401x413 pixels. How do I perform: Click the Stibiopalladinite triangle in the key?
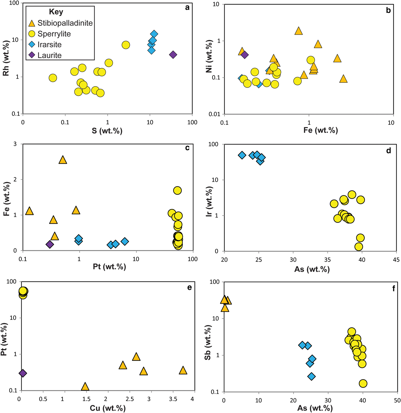coord(32,23)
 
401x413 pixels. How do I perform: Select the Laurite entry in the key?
coord(49,55)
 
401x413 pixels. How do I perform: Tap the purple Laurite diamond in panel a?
coord(173,55)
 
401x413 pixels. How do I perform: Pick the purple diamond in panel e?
coord(23,373)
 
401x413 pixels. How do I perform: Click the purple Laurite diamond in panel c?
coord(50,245)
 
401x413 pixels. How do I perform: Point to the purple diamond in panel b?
coord(244,55)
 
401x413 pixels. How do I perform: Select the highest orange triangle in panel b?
coord(298,31)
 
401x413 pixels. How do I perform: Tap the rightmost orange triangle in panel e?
coord(183,371)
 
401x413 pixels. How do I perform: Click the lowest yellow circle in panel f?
coord(363,383)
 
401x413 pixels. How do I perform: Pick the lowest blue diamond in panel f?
coord(312,376)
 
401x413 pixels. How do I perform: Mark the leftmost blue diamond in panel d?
coord(242,155)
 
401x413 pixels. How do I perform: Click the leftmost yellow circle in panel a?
coord(53,78)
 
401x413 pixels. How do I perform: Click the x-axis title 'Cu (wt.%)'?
coord(108,408)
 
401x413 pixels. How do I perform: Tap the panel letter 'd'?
coord(388,151)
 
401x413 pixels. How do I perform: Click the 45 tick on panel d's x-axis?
coord(396,260)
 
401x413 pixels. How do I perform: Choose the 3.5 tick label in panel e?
coord(173,399)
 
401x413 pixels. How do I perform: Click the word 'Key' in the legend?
coord(56,12)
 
